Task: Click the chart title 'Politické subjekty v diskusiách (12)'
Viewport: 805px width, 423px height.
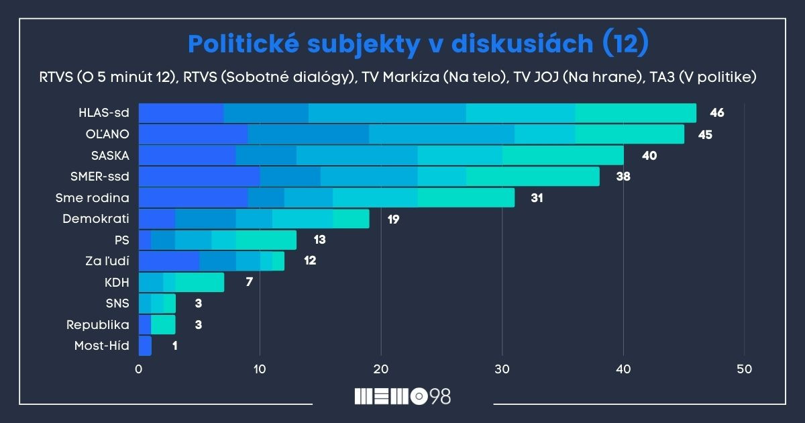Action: coord(418,43)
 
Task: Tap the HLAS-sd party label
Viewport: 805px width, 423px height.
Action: coord(104,113)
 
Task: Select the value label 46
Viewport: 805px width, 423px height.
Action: coord(716,113)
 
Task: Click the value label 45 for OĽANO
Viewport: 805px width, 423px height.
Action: coord(704,134)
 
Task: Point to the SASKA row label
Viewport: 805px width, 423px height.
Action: coord(110,156)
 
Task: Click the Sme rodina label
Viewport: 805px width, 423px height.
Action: coord(93,198)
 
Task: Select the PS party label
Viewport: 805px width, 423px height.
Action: coord(121,240)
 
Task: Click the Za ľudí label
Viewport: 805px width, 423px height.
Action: coord(107,261)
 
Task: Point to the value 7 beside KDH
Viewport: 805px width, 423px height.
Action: coord(249,282)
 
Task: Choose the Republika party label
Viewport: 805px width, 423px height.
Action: coord(98,324)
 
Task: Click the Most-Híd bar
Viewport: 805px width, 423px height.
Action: coord(145,346)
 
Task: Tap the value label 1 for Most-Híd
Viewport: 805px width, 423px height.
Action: coord(174,346)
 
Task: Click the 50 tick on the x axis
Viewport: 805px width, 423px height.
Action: coord(745,369)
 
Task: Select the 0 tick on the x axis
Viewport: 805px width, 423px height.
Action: coord(139,369)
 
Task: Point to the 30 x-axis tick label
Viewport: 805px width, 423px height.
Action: coord(502,369)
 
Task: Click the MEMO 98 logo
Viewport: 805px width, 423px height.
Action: coord(402,397)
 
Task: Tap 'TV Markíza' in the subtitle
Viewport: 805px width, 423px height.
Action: coord(400,77)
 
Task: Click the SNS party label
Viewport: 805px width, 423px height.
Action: coord(117,303)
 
